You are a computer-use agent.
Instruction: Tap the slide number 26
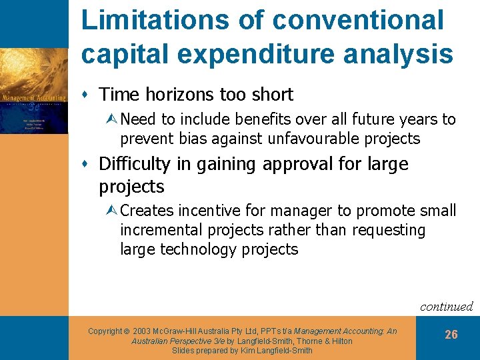pos(451,335)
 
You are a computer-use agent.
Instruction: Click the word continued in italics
pos(446,307)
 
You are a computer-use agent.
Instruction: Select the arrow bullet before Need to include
pos(113,120)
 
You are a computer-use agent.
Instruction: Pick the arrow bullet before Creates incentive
pos(113,211)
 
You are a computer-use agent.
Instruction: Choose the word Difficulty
pos(134,163)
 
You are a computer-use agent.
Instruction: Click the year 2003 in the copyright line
pos(144,331)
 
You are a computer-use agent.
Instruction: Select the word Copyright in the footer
pos(105,331)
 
